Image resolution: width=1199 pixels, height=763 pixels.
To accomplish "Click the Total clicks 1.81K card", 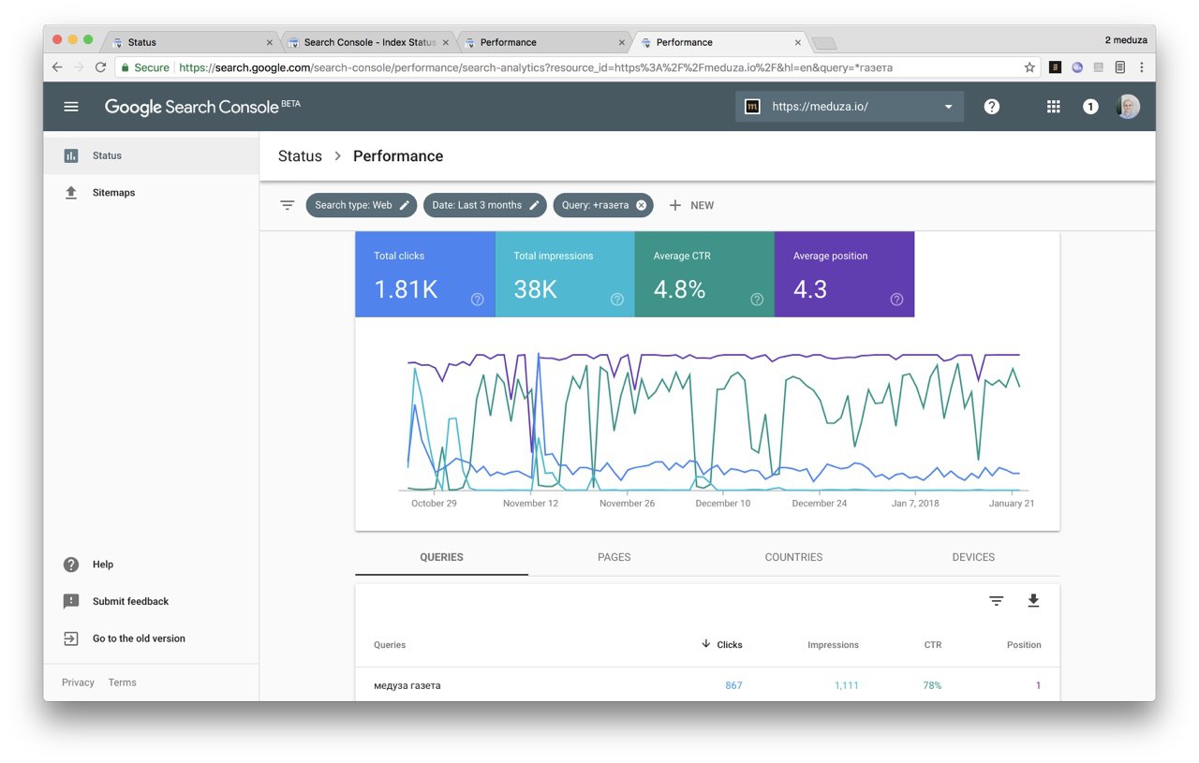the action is point(425,274).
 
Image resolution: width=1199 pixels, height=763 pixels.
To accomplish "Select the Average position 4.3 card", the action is point(844,274).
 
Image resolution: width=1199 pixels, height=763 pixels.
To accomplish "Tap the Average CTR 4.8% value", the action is point(679,289).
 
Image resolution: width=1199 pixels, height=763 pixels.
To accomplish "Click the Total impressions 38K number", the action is point(535,289).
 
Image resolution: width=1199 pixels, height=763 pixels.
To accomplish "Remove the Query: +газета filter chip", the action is point(642,205).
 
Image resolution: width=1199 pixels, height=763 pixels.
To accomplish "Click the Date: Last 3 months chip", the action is point(485,205).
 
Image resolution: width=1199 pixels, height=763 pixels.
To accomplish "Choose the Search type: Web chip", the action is point(362,205).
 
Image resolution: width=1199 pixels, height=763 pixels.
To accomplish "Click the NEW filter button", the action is point(691,205).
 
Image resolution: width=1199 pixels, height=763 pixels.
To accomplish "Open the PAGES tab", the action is point(614,557).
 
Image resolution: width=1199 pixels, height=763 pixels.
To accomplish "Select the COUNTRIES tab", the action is point(793,557).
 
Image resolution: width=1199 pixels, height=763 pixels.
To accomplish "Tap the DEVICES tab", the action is point(973,557).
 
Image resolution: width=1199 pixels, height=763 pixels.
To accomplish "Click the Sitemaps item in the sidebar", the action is point(113,193).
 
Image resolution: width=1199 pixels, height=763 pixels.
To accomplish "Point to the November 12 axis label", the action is point(530,503).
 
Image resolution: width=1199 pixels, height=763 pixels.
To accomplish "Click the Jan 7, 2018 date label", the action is point(915,503).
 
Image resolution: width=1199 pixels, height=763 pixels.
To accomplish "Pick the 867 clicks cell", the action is point(733,685).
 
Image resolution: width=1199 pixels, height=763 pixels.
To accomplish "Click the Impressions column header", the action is point(833,645).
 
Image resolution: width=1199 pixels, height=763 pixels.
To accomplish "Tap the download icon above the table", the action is point(1033,601).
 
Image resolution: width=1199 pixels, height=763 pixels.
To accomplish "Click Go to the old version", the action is point(139,638).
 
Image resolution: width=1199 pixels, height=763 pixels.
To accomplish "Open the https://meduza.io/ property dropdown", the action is point(850,107).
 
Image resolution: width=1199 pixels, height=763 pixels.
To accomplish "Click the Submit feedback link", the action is point(130,601).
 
